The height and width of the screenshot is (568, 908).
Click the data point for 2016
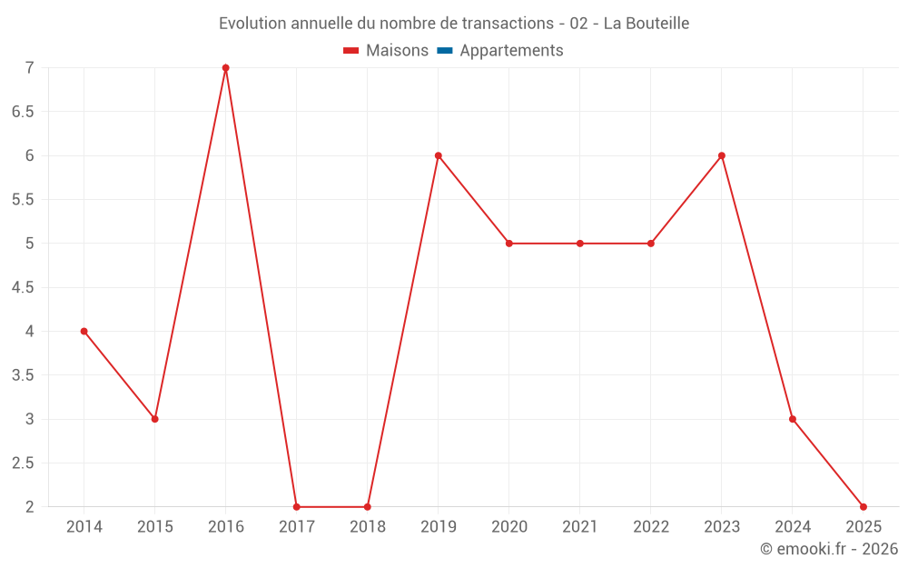click(226, 68)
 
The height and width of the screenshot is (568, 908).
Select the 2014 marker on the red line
click(84, 332)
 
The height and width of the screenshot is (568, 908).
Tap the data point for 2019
click(439, 155)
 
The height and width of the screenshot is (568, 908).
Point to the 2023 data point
click(722, 155)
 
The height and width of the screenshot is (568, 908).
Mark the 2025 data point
click(864, 507)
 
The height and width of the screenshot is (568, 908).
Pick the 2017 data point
click(297, 507)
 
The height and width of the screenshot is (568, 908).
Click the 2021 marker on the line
click(580, 244)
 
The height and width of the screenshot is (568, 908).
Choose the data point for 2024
click(793, 419)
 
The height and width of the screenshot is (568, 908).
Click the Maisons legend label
click(397, 51)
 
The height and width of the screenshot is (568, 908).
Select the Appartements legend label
click(511, 51)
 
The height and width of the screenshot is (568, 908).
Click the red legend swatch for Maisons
click(351, 51)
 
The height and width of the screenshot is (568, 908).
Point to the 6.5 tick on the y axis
click(23, 112)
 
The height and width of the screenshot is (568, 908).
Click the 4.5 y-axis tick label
click(23, 287)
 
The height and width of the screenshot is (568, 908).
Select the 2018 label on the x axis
click(368, 527)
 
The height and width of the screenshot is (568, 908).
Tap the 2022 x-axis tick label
click(651, 527)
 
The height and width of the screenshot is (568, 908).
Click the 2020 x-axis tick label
click(509, 527)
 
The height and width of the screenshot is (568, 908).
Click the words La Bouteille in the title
click(646, 24)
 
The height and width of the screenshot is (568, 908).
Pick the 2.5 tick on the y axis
click(23, 463)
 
